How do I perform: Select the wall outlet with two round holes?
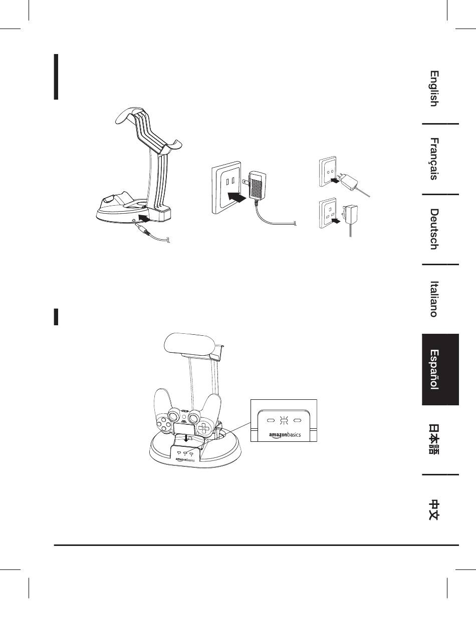coord(329,173)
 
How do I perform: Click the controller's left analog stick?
coord(174,415)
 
